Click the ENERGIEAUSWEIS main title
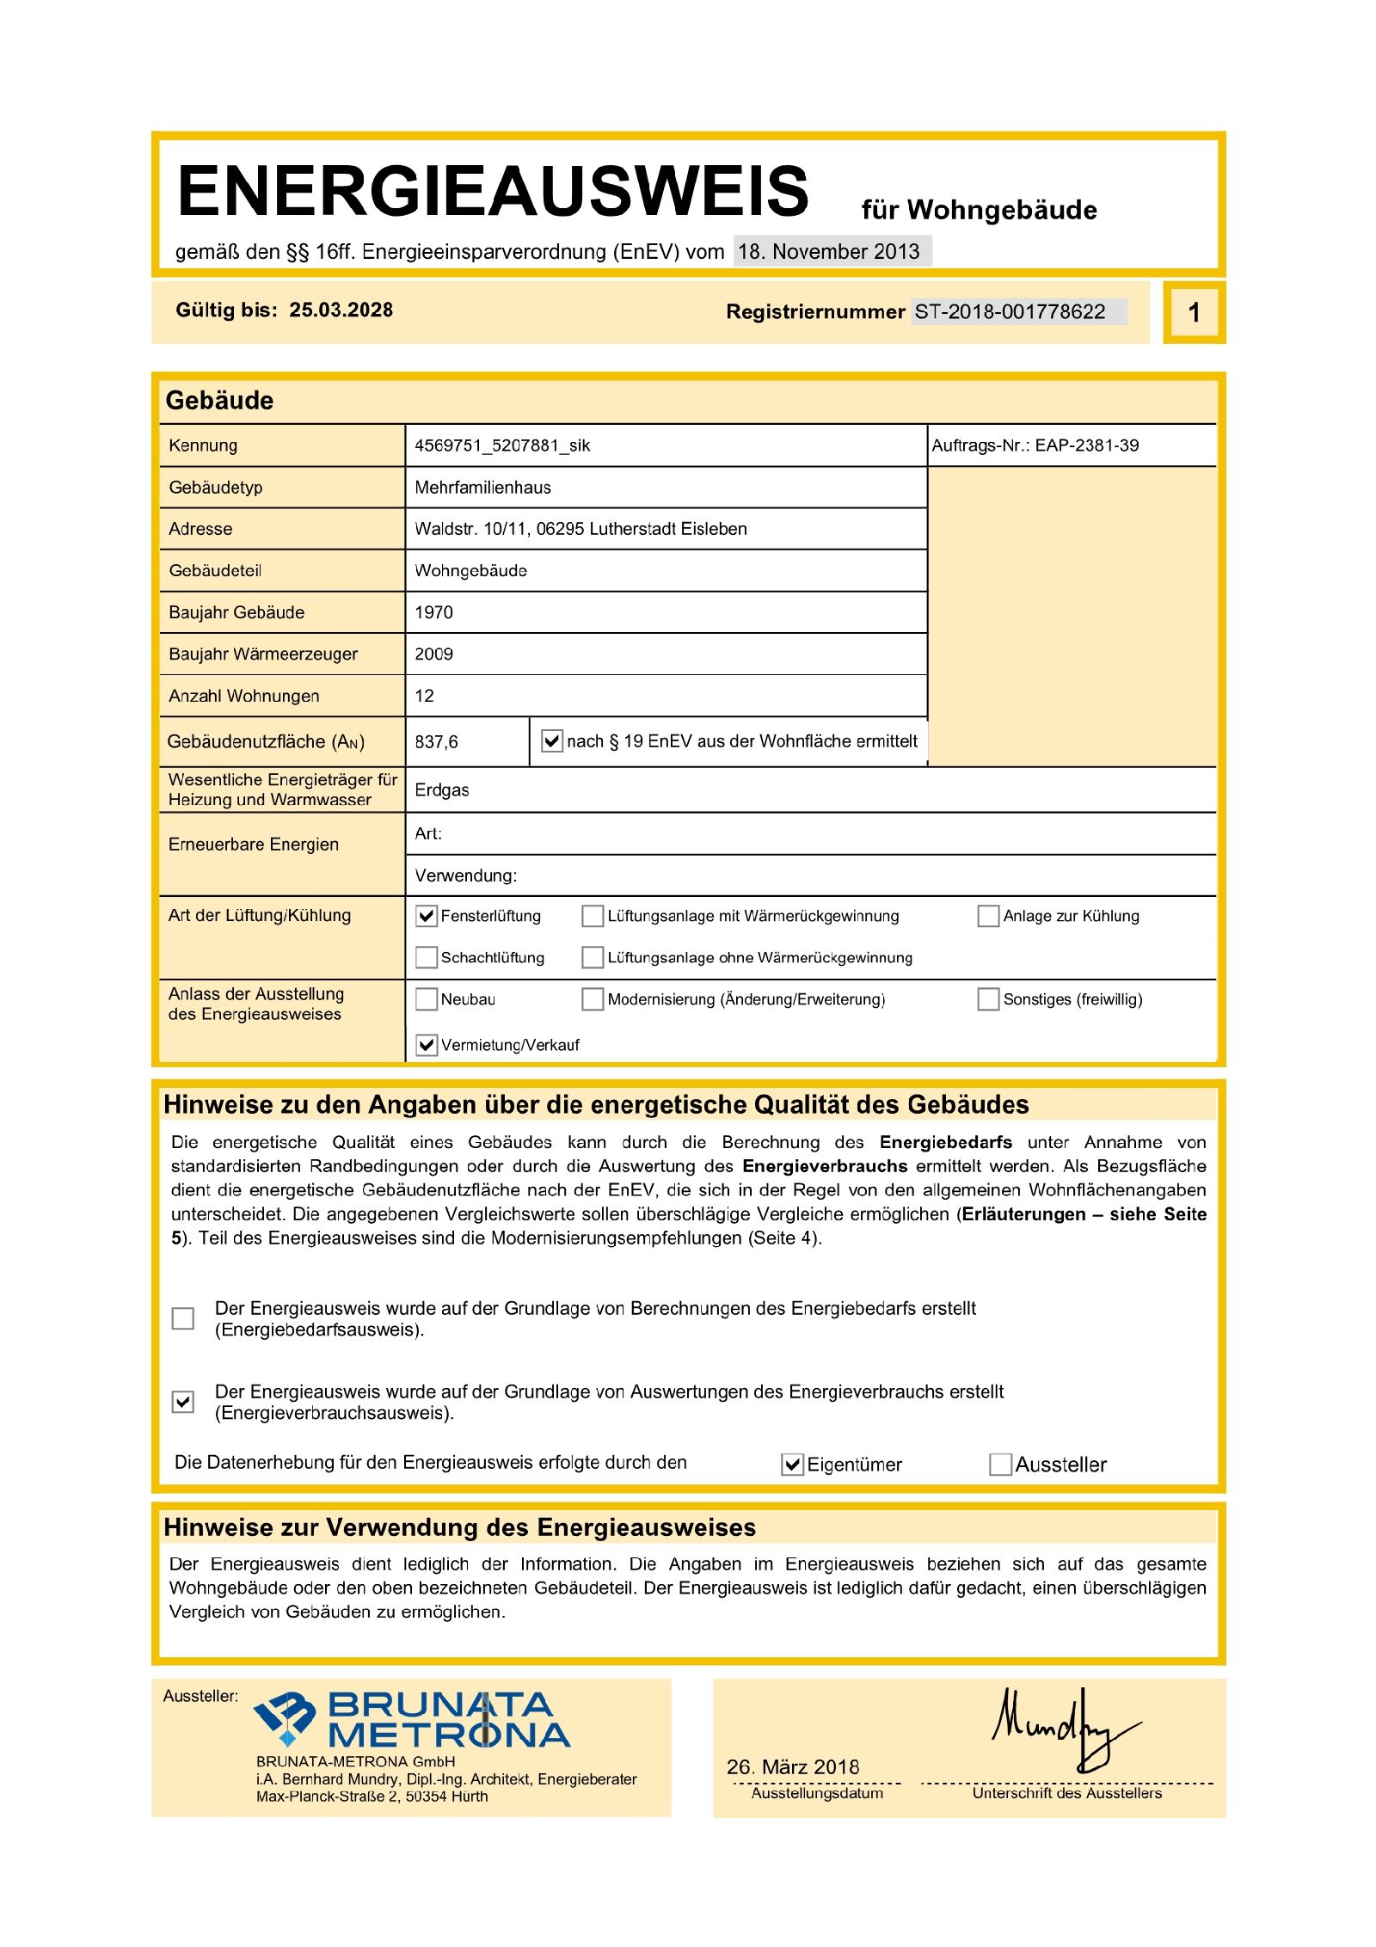492,191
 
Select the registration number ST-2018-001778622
1010,311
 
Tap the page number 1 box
1194,312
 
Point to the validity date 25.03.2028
341,310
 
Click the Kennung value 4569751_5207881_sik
502,445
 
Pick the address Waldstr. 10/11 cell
580,529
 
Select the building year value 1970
433,612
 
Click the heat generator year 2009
433,654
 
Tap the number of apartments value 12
425,696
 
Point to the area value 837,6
436,741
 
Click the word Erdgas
442,790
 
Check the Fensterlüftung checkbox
427,916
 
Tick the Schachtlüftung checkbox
427,957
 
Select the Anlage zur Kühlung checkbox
988,916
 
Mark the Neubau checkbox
427,999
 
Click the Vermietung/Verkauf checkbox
427,1045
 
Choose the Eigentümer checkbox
792,1465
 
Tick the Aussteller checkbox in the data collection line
1000,1465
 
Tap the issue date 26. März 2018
793,1767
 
